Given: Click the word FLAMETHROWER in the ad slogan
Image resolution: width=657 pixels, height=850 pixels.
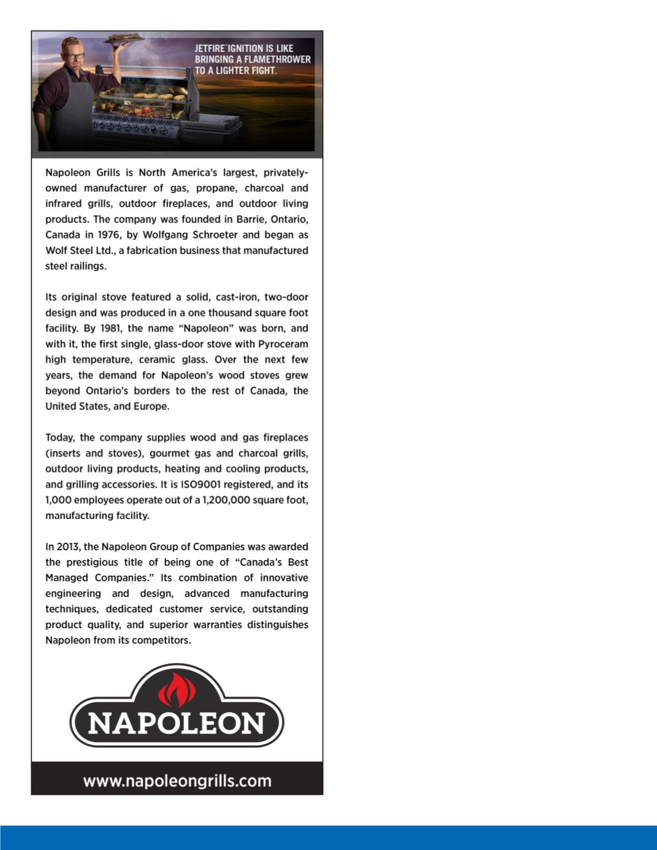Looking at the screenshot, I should (277, 59).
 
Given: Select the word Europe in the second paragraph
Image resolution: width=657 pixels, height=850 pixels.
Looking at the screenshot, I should (150, 407).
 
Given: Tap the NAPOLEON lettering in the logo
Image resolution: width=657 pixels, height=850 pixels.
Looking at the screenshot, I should (177, 724).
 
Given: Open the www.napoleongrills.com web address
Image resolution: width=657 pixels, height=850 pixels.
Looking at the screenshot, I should (177, 781).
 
